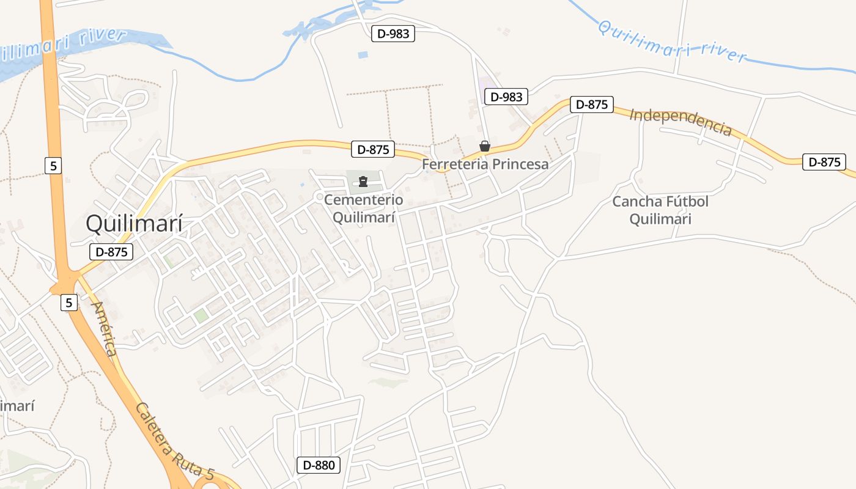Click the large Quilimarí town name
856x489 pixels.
134,224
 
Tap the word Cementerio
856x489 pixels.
364,200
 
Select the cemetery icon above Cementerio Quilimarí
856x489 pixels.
363,181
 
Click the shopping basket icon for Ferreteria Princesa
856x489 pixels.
485,146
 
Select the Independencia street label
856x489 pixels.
680,122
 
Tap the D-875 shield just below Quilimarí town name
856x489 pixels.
111,251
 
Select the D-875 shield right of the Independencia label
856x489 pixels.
824,162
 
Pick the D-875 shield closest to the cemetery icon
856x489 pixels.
373,149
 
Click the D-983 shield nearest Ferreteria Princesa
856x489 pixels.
506,97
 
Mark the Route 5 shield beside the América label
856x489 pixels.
69,302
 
